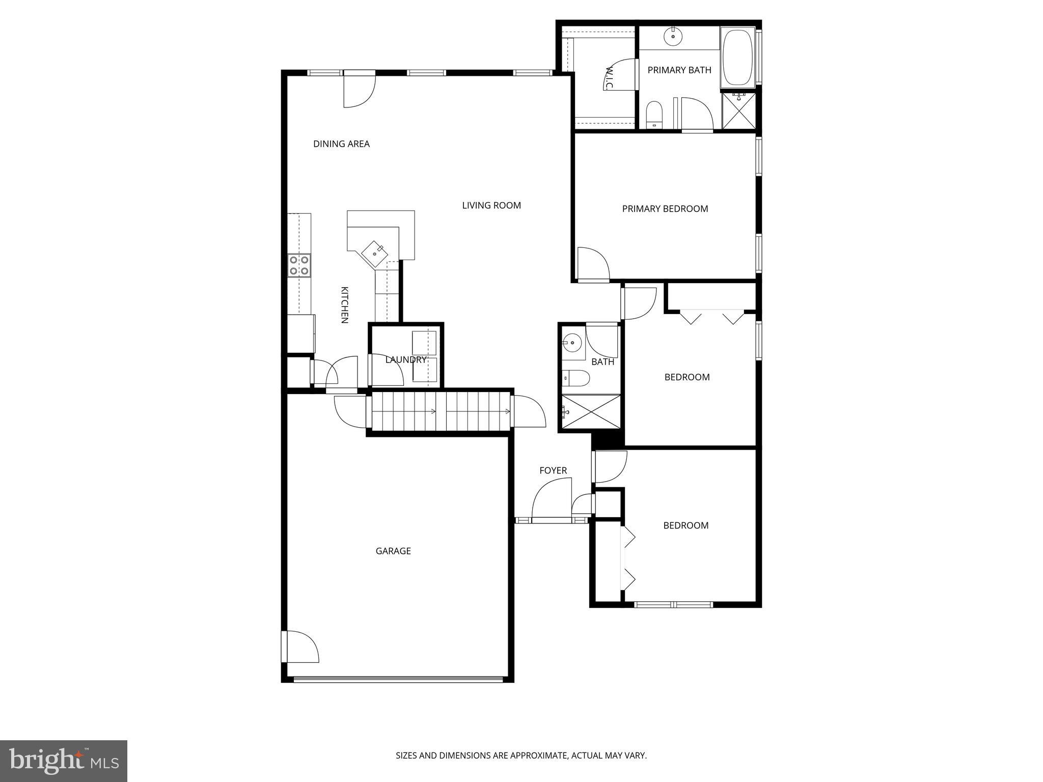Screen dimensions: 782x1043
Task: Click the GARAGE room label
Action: point(393,551)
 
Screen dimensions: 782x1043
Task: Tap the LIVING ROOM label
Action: point(491,206)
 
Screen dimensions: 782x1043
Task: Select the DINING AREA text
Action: point(341,144)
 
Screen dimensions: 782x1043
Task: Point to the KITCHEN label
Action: point(344,305)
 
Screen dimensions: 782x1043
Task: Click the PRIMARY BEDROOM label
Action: point(665,209)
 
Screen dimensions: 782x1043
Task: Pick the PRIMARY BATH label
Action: point(679,70)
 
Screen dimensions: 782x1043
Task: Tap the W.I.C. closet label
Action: point(609,78)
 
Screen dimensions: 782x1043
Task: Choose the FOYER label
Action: point(553,470)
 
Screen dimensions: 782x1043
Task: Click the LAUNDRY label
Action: point(405,360)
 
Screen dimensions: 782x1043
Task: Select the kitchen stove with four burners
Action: point(299,265)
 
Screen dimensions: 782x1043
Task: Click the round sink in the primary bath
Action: point(673,37)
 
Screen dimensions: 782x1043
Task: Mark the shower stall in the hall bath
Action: point(591,412)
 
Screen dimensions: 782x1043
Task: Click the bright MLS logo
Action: point(64,761)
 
